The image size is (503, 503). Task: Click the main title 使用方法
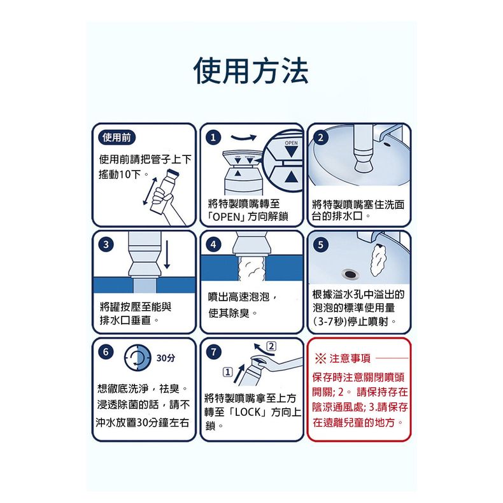(251, 71)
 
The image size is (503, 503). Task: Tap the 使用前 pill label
(117, 138)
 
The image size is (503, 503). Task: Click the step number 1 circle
(213, 138)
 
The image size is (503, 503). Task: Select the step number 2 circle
(320, 138)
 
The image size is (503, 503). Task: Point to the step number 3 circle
(106, 245)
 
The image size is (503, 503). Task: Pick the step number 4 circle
(213, 245)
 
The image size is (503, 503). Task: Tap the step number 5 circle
(320, 245)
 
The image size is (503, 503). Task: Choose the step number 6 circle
(106, 352)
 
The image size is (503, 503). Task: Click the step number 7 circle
(213, 352)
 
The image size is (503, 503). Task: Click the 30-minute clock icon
(138, 357)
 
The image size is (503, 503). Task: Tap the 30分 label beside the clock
(166, 358)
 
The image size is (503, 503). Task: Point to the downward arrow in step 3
(167, 255)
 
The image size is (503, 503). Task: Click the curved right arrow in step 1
(243, 138)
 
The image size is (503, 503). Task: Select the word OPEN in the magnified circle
(291, 143)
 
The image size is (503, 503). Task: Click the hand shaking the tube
(162, 199)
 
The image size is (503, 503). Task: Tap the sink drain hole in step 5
(350, 274)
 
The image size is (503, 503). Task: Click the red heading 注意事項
(350, 358)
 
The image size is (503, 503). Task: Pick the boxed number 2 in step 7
(271, 346)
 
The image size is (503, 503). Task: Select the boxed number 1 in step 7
(227, 372)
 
